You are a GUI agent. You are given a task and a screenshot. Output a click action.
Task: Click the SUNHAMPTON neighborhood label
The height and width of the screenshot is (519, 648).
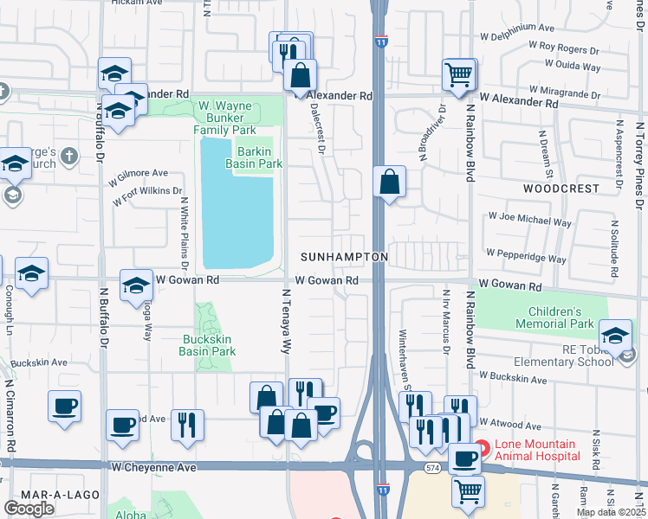[x=344, y=258]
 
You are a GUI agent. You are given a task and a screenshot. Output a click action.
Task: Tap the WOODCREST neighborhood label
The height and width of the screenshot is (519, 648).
[x=561, y=188]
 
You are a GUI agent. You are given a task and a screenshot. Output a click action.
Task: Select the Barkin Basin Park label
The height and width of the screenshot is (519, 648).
[x=255, y=157]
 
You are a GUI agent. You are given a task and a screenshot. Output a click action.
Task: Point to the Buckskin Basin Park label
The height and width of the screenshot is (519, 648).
[x=207, y=346]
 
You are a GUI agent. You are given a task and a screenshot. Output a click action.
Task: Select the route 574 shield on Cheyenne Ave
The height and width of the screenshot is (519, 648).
[x=431, y=467]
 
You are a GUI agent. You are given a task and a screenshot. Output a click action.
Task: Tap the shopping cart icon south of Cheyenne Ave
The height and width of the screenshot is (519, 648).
[x=469, y=491]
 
